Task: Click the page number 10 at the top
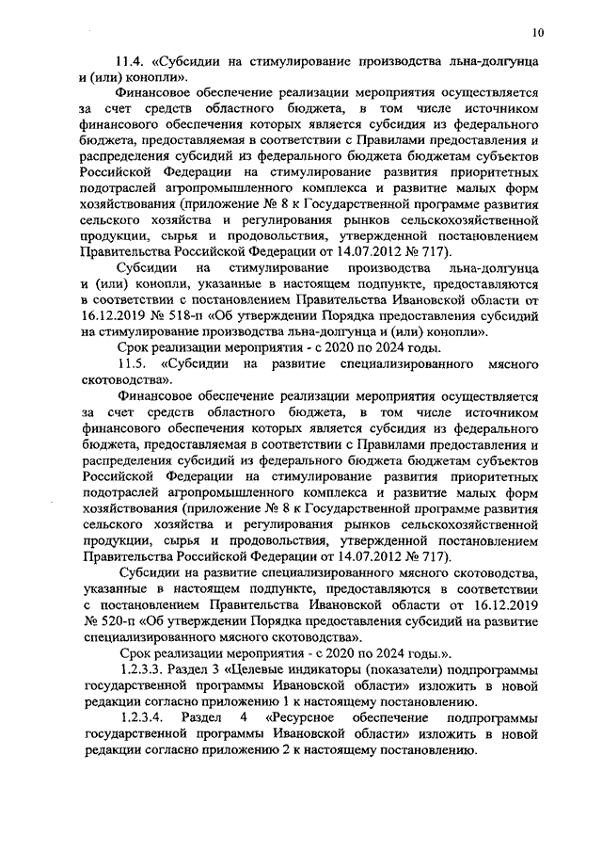[x=536, y=33]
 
